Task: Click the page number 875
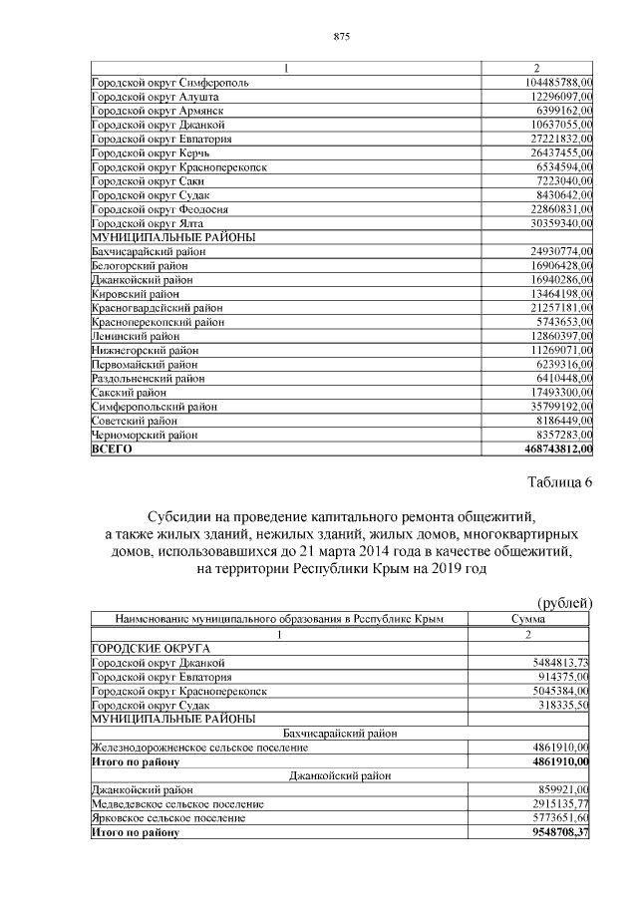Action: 340,37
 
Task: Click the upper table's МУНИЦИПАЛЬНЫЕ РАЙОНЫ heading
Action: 172,238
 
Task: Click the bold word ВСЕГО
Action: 112,450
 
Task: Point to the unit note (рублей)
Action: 565,603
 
